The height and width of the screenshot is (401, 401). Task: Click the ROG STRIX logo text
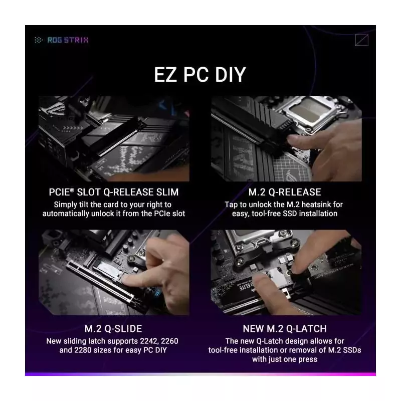pos(68,40)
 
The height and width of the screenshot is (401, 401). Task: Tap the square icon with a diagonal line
pos(361,40)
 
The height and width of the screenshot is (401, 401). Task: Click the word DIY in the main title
pos(231,75)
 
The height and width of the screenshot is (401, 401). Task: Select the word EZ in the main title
pos(165,75)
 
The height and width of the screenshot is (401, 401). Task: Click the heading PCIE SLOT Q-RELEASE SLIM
pos(114,192)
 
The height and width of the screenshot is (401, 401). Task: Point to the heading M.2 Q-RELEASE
pos(285,192)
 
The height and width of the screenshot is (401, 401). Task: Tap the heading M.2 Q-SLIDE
pos(113,329)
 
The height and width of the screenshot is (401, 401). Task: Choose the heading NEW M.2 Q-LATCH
pos(285,329)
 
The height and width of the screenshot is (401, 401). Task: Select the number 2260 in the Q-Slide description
pos(169,341)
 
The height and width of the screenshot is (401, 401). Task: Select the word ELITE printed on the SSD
pos(246,286)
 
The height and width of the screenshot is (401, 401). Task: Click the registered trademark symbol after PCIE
pos(72,190)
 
